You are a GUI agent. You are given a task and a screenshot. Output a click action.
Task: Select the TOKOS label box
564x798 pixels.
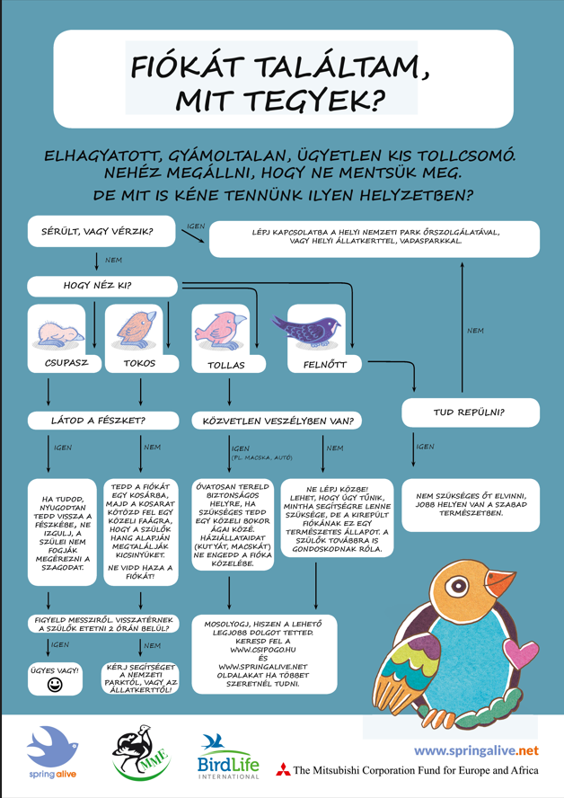tap(139, 364)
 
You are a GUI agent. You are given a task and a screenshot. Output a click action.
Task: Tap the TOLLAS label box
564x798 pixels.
tap(225, 365)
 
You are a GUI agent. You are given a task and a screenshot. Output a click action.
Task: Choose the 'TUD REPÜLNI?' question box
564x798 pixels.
tap(470, 412)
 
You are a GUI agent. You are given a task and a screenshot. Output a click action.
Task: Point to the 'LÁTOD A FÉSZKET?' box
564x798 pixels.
tap(100, 420)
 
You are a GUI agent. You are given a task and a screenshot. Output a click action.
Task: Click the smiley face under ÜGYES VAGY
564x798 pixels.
tap(56, 685)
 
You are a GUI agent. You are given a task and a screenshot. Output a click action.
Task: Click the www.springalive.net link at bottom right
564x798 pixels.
tap(475, 749)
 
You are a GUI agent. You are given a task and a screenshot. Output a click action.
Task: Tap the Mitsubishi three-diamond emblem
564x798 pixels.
tap(283, 770)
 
